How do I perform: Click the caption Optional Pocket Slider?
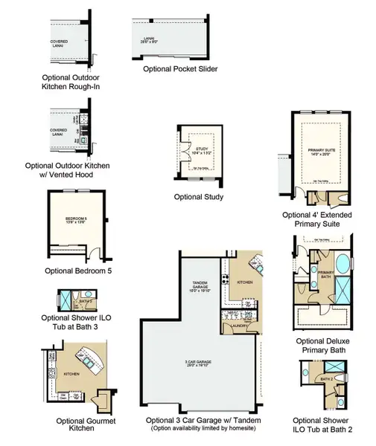point(178,68)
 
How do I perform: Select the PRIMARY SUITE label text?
point(322,152)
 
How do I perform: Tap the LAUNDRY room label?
point(239,325)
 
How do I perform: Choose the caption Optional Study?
point(199,197)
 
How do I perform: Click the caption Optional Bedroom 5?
point(78,271)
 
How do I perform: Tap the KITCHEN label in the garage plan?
point(244,282)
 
